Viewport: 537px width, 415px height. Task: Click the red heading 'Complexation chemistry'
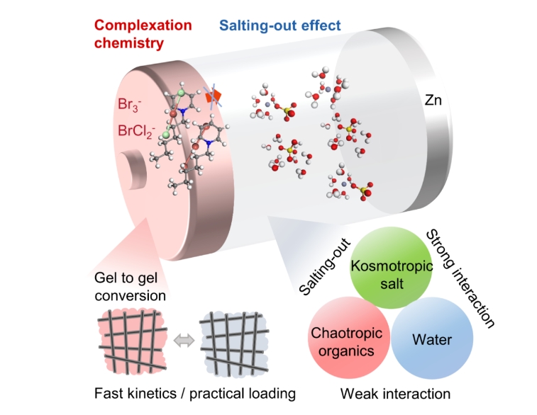coord(143,34)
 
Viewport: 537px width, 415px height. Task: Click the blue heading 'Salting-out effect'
coord(279,26)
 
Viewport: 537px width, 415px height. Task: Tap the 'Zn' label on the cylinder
coord(433,101)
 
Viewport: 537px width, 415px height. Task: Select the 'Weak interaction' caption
coord(395,392)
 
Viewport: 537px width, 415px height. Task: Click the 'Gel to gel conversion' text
coord(132,285)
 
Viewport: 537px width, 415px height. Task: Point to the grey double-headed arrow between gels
coord(184,341)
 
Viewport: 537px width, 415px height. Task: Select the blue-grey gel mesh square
coord(235,341)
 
